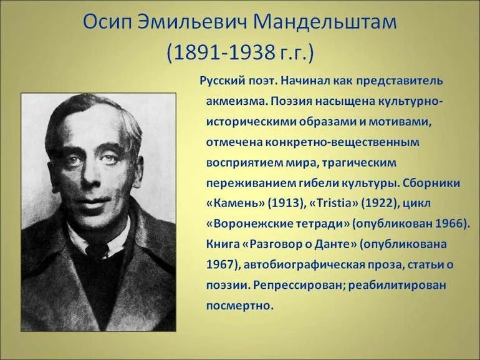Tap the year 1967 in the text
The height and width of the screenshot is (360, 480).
tap(218, 265)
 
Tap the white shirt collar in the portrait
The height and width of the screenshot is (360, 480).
tap(81, 240)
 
